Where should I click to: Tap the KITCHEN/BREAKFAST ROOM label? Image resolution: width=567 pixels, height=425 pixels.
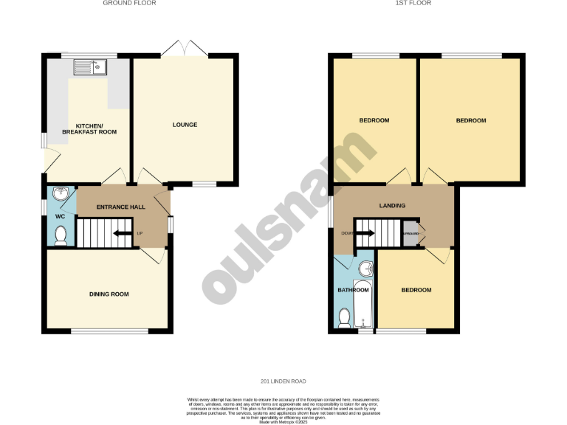tap(87, 129)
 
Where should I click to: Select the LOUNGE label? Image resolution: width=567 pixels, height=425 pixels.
tap(185, 125)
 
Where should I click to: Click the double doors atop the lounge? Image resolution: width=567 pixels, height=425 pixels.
tap(185, 49)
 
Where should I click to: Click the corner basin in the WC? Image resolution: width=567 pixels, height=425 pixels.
tap(61, 195)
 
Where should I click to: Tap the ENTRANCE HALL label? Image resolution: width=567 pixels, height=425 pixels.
tap(121, 207)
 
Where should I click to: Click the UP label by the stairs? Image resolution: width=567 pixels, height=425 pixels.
tap(140, 235)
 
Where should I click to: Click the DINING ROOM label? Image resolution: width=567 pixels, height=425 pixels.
tap(109, 294)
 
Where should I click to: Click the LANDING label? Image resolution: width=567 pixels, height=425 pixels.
tap(392, 205)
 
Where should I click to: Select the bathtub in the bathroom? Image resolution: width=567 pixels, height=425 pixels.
tap(362, 304)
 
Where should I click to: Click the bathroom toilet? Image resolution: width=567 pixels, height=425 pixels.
tap(343, 317)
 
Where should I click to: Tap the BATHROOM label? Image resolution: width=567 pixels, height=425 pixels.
tap(353, 290)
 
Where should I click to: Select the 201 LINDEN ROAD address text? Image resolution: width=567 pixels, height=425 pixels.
tap(283, 381)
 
